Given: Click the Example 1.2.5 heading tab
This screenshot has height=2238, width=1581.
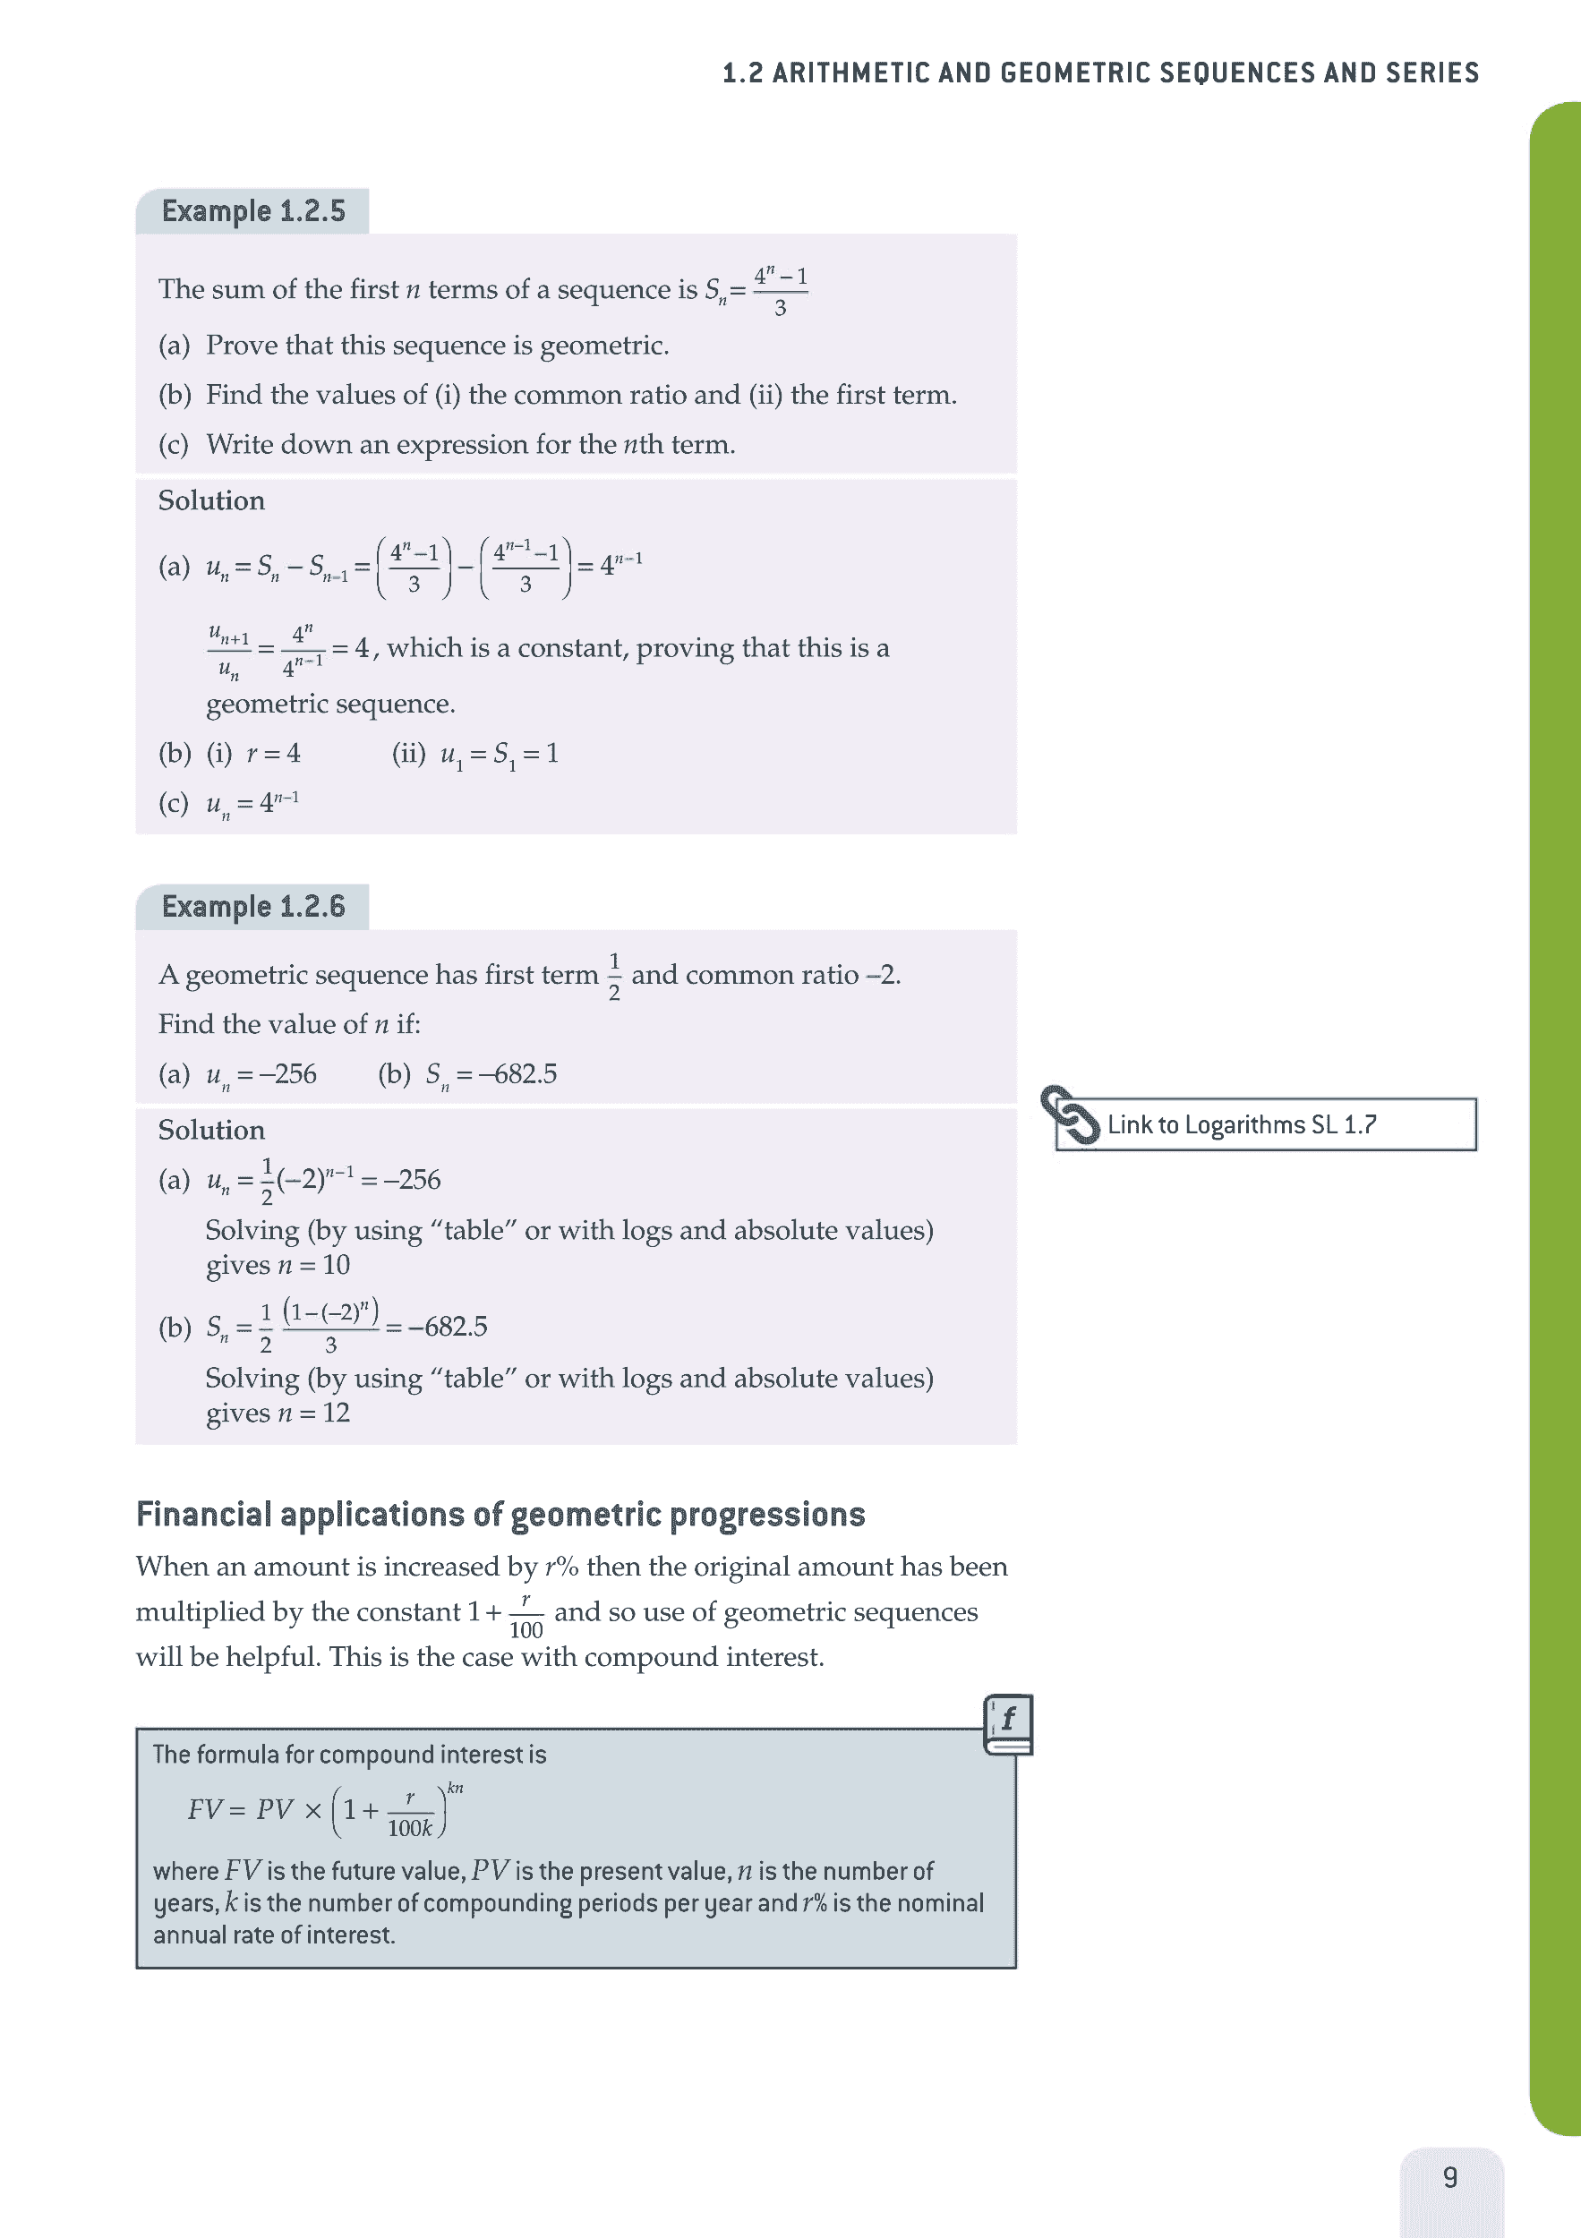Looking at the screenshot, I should (252, 211).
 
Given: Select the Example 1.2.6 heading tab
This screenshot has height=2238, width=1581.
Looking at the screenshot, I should (252, 908).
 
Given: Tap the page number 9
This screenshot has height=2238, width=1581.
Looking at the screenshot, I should (1450, 2176).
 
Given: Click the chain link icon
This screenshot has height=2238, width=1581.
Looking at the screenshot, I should (1069, 1115).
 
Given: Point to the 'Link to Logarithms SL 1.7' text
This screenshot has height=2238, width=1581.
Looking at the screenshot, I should (1241, 1125).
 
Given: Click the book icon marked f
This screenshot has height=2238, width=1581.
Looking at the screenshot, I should (1008, 1724).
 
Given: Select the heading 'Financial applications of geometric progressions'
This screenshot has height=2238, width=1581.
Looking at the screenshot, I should (500, 1514).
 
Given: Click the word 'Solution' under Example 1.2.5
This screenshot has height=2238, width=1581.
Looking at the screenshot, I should (211, 501).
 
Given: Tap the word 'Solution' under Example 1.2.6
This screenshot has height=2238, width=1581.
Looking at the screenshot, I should (211, 1131).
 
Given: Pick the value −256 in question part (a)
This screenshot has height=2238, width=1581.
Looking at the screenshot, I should (287, 1074).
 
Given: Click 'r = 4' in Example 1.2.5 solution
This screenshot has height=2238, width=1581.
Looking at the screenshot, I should (273, 754).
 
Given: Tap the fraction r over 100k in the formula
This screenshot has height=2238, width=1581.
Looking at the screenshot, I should (410, 1815).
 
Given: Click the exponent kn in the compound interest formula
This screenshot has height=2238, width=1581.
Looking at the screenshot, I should (455, 1789).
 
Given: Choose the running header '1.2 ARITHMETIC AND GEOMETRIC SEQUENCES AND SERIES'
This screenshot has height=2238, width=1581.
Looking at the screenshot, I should (1100, 73).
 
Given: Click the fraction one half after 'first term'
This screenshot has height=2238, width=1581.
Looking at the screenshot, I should (614, 977).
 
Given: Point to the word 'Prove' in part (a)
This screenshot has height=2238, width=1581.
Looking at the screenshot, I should (242, 346).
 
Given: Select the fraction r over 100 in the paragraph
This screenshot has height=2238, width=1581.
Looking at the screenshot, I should (526, 1615).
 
